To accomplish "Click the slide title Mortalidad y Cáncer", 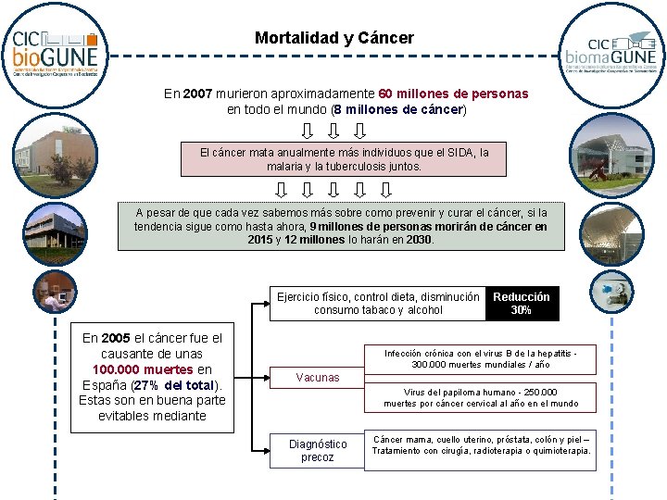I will coord(334,38).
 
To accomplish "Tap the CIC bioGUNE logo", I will coord(54,53).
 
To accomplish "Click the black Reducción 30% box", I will coord(522,304).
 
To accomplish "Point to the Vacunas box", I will coord(318,377).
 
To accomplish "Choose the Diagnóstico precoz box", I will coord(318,451).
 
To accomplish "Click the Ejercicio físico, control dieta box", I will coord(378,304).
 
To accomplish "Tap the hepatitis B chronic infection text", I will coord(481,358).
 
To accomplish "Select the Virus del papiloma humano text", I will coord(481,397).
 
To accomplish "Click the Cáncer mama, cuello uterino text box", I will coord(481,444).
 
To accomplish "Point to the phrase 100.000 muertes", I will coord(143,369).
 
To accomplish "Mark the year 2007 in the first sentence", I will coord(201,94).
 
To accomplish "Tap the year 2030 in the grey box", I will coord(418,239).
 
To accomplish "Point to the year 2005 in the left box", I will coord(116,338).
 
